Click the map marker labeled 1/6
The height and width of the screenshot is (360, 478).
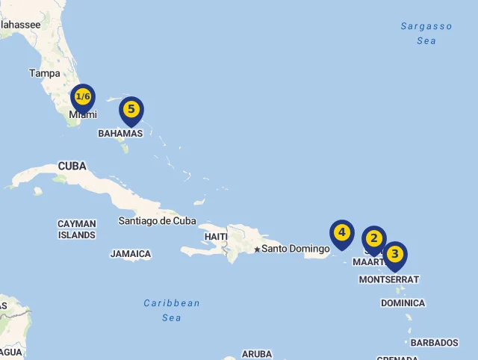(83, 98)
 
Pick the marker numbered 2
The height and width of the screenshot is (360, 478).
(374, 240)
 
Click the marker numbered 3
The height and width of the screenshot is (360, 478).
(395, 255)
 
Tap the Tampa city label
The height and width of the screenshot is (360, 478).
(45, 73)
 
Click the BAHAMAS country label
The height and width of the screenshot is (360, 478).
(120, 134)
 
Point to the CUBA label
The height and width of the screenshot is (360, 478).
(72, 166)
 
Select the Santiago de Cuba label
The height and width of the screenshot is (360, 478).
(157, 220)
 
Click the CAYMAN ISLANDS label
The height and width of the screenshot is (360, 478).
(77, 229)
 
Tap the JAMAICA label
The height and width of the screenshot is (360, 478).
(131, 254)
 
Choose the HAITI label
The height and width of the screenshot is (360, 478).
(216, 237)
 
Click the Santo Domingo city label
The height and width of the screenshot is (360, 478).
(296, 249)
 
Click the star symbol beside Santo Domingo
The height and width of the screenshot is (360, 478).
(257, 249)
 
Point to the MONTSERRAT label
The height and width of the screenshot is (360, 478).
(389, 279)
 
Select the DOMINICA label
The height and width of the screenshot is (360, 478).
(403, 303)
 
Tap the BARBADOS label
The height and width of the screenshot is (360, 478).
(434, 343)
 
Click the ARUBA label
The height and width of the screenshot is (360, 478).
(257, 354)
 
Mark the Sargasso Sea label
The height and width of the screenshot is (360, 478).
(426, 34)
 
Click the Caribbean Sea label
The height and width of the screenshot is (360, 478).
(172, 310)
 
